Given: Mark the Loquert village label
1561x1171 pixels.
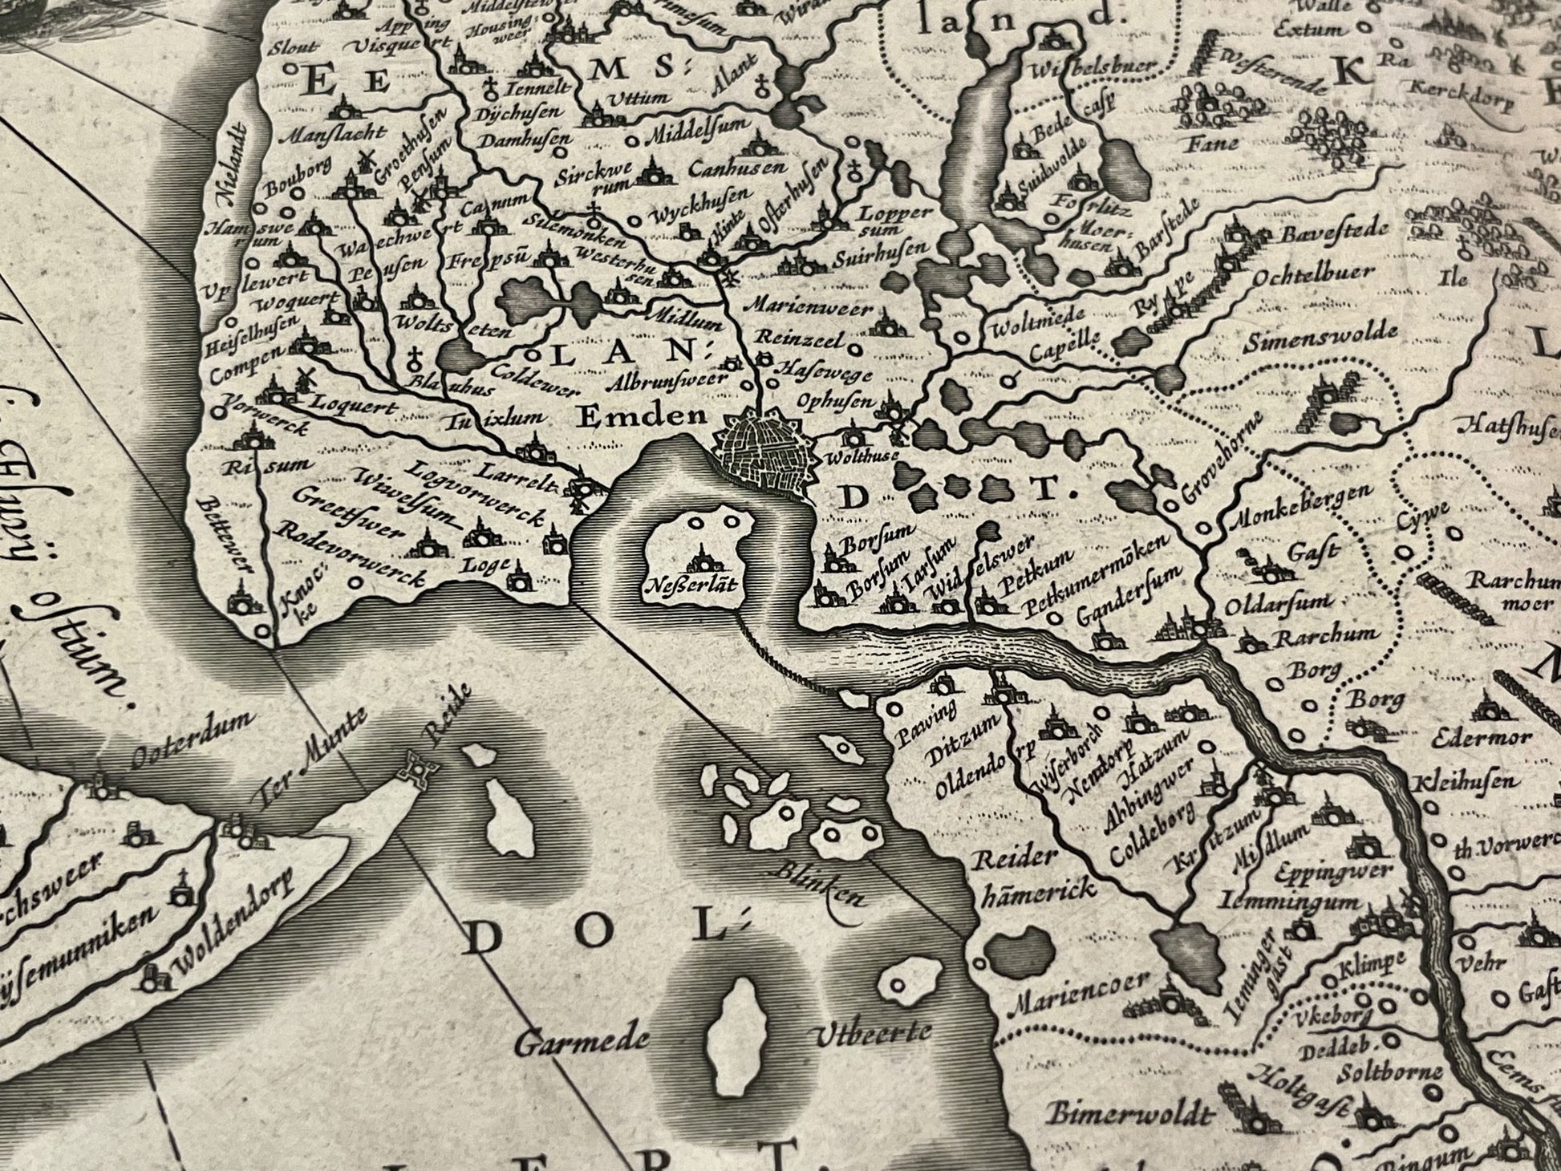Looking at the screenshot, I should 352,407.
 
